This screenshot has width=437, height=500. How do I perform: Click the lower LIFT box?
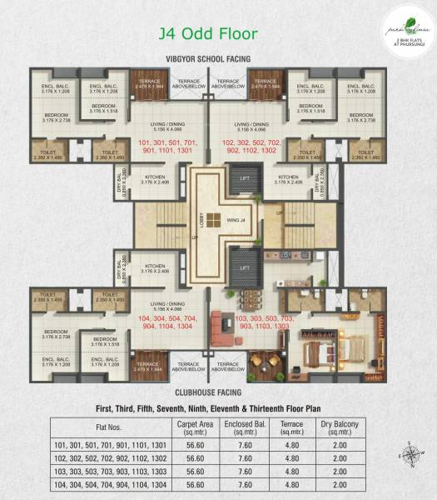[244, 269]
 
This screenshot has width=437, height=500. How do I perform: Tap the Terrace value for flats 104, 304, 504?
[286, 482]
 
